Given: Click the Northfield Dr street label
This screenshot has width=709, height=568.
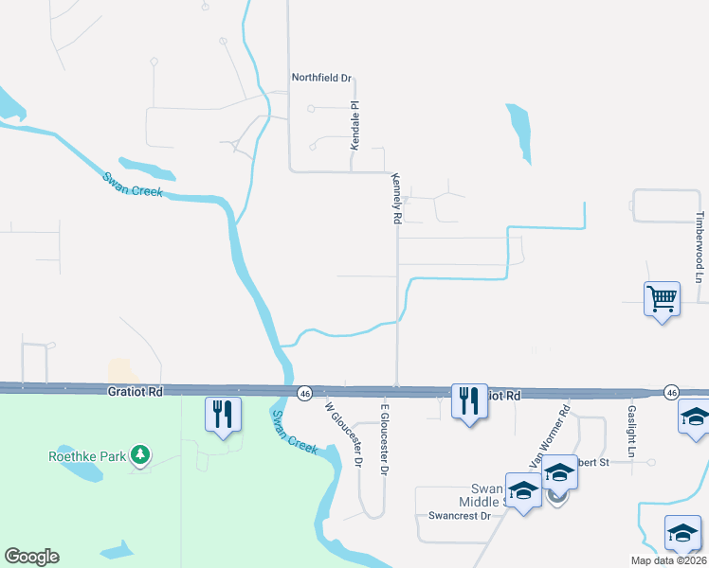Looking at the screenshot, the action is tap(321, 78).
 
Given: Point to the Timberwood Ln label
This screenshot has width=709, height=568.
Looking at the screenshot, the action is tap(700, 247).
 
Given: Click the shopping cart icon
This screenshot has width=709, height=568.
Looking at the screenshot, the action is tap(662, 299).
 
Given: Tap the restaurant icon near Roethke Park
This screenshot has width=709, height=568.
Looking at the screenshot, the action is tap(224, 414).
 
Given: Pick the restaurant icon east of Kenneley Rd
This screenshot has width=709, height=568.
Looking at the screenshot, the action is tap(469, 401).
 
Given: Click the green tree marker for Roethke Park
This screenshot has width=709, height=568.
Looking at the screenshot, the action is tap(140, 455).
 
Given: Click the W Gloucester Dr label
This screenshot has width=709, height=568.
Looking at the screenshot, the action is tap(344, 435).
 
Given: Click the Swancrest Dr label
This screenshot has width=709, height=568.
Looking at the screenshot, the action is tap(459, 516).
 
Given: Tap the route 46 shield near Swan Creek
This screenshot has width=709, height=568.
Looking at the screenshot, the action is tap(304, 392).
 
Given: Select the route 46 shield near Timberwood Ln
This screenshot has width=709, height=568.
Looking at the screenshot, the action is tap(671, 392).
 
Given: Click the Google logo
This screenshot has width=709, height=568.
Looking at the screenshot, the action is tap(31, 557).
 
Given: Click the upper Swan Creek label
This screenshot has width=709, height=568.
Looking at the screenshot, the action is tap(133, 185).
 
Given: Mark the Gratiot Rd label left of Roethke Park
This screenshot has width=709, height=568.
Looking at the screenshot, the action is tap(136, 390).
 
